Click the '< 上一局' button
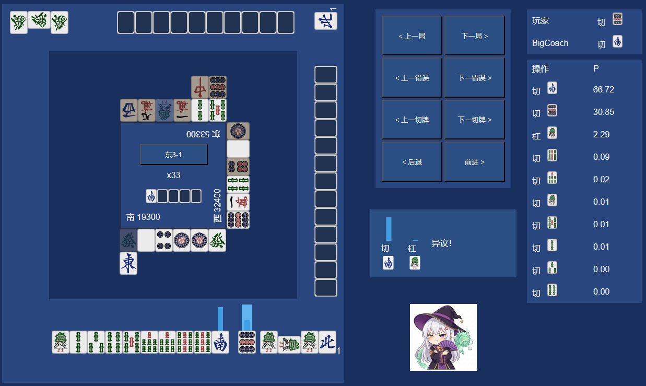coord(412,36)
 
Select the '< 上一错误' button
coord(412,78)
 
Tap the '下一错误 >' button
coord(474,78)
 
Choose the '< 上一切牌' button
coord(412,120)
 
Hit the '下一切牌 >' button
coord(474,120)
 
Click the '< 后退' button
coord(412,162)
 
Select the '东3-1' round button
coord(173,155)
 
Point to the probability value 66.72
coord(603,89)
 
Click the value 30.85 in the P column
coord(603,112)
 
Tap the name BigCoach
coord(550,43)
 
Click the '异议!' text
coord(441,243)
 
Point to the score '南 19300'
coord(143,217)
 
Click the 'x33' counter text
coord(173,175)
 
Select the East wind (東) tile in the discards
coord(128,263)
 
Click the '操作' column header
coord(541,69)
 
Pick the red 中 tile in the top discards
coord(199,87)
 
